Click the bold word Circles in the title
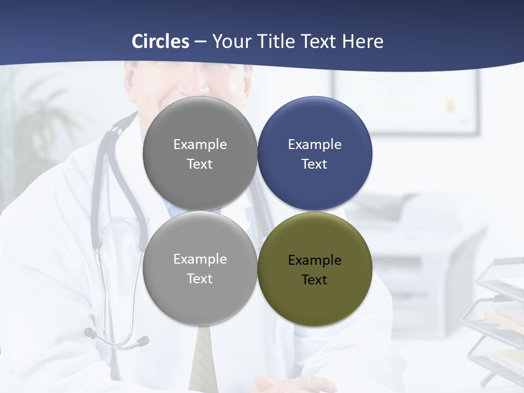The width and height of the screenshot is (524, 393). coord(160,41)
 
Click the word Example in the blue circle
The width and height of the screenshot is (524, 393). coord(314,145)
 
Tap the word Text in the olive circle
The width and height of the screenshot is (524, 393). coord(314,280)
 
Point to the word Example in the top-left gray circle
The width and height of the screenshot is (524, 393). coord(200,145)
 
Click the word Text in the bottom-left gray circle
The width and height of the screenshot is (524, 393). coord(200,279)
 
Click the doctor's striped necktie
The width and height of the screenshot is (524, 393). coord(203,360)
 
